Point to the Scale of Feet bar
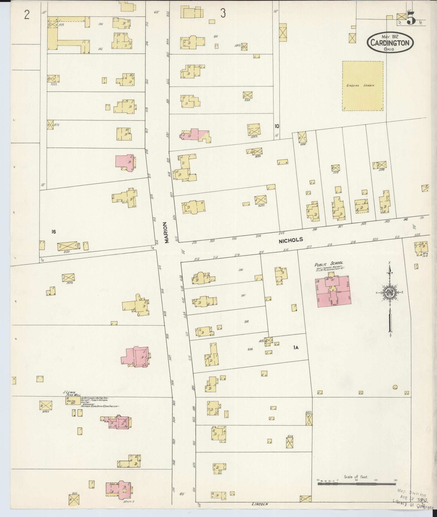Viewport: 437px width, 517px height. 357,484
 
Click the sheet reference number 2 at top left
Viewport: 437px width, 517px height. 27,15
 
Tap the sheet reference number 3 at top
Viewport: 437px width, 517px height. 223,13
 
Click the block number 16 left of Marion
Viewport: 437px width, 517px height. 54,232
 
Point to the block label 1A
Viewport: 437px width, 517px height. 296,348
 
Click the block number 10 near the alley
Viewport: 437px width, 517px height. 277,126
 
